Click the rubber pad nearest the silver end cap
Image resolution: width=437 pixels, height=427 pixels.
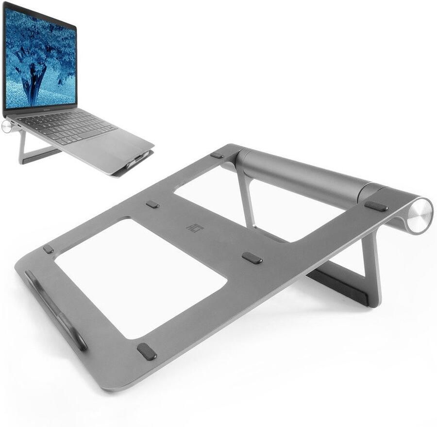point(376,206)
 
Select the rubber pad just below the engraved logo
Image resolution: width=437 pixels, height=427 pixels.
point(252,258)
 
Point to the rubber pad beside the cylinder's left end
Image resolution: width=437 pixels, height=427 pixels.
point(217,155)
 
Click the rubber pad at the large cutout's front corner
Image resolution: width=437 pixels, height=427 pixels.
point(147,352)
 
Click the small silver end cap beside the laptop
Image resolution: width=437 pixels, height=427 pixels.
point(7,127)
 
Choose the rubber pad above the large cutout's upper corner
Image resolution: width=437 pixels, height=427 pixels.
point(152,205)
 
